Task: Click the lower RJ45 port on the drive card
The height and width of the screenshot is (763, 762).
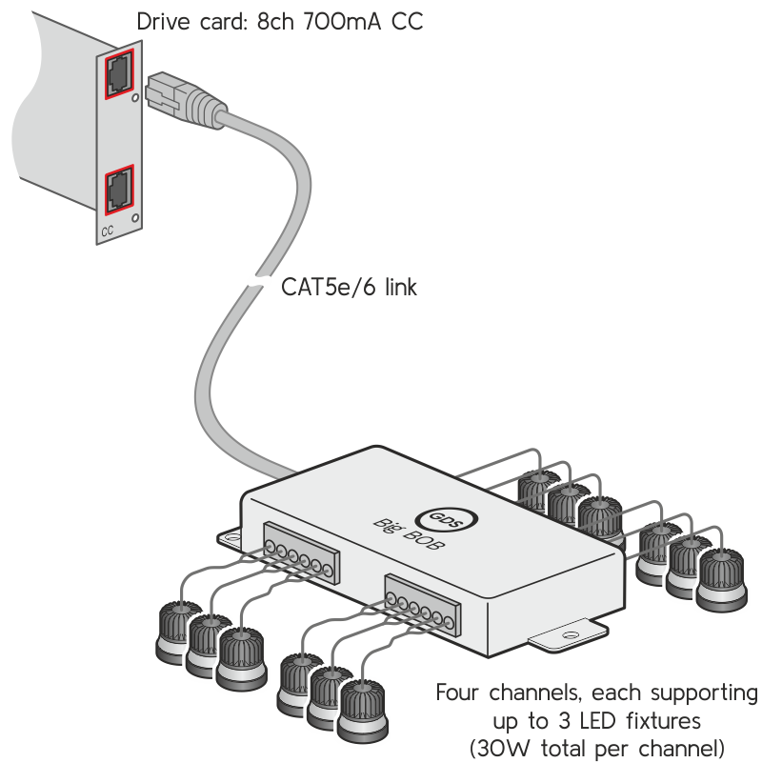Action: tap(119, 187)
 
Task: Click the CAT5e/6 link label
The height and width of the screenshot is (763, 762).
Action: tap(350, 287)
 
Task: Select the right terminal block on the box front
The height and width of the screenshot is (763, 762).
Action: tap(421, 608)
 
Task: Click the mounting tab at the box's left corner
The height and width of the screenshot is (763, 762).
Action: tap(231, 537)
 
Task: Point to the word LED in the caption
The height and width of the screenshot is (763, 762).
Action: tap(603, 719)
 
